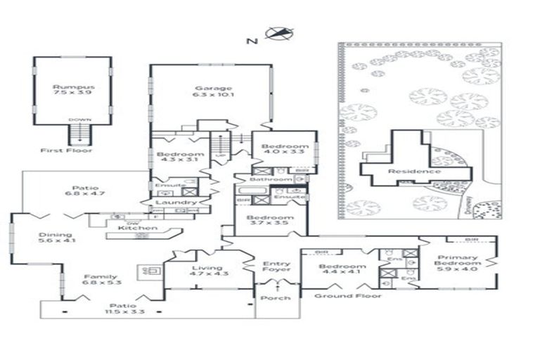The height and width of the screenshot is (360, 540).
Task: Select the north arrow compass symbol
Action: (x=279, y=33)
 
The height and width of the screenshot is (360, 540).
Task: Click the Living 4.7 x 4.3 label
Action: (x=206, y=271)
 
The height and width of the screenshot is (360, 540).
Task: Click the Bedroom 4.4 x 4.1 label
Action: (x=342, y=271)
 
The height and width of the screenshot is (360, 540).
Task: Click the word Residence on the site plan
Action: (x=416, y=172)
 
